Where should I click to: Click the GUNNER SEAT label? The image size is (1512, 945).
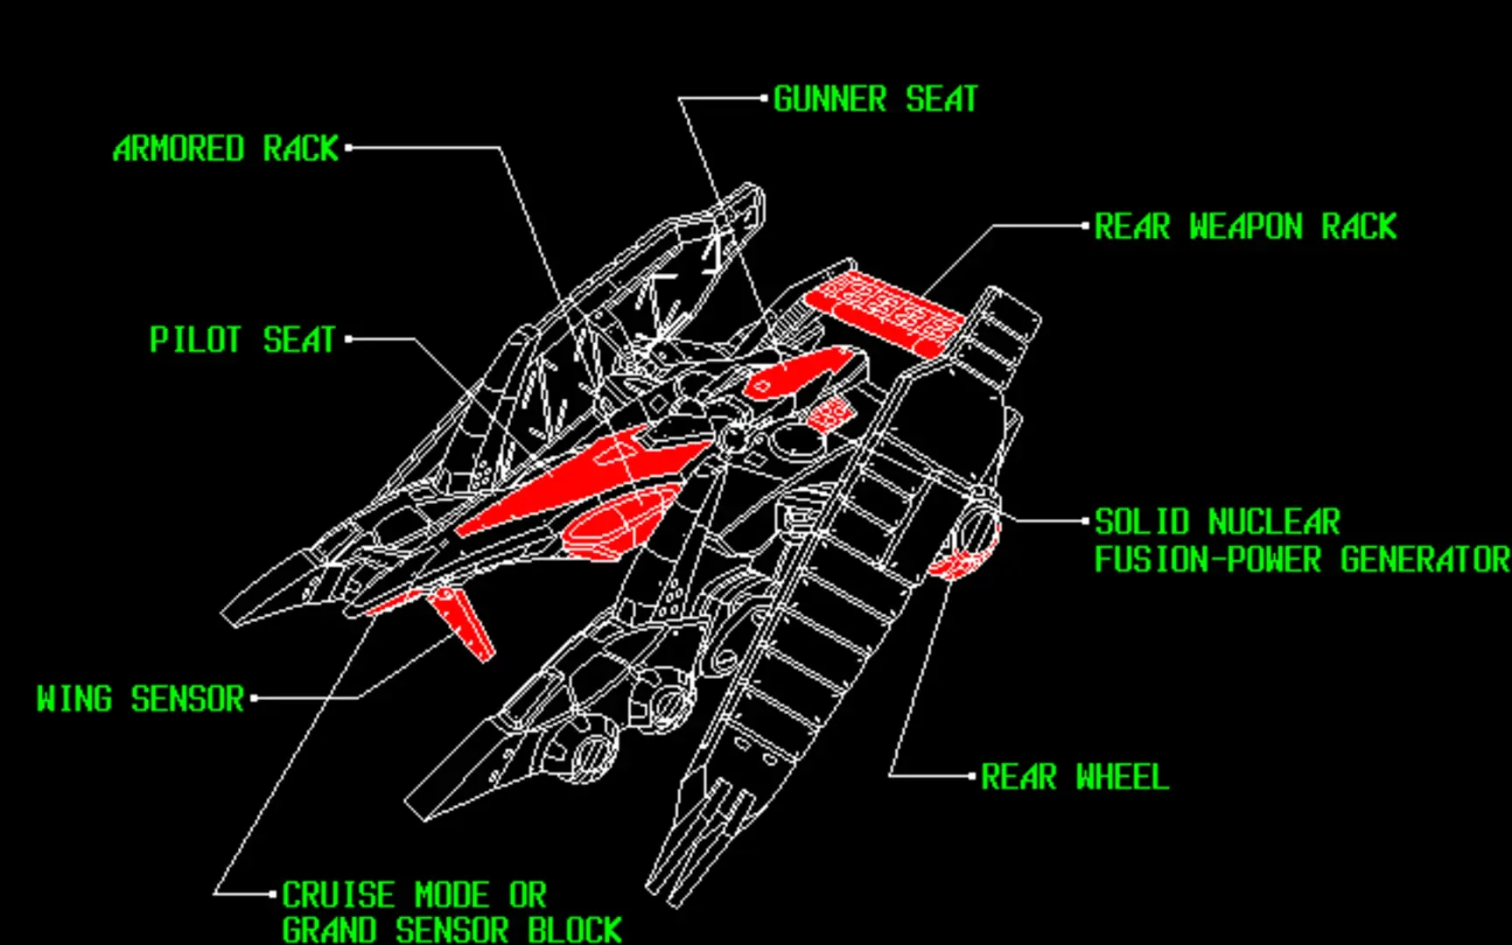(x=875, y=99)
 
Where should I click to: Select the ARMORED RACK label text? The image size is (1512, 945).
(x=226, y=149)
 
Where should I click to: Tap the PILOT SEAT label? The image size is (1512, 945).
(x=242, y=339)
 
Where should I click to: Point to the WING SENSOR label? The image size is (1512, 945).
(x=140, y=699)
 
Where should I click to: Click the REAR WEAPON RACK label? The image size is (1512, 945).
(x=1245, y=227)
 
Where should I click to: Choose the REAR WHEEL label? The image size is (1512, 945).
(x=1074, y=777)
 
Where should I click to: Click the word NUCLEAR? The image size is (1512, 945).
(x=1273, y=522)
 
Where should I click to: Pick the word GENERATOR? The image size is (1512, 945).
(x=1424, y=560)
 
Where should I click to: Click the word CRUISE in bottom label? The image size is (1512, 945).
(x=339, y=895)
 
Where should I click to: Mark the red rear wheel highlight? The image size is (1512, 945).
(x=958, y=563)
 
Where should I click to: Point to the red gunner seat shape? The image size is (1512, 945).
(x=796, y=371)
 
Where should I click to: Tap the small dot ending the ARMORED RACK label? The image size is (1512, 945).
(x=348, y=148)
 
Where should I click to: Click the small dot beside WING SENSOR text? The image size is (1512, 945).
(x=254, y=698)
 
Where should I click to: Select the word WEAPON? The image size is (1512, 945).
(x=1245, y=227)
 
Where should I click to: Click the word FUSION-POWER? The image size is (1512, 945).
(x=1207, y=560)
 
